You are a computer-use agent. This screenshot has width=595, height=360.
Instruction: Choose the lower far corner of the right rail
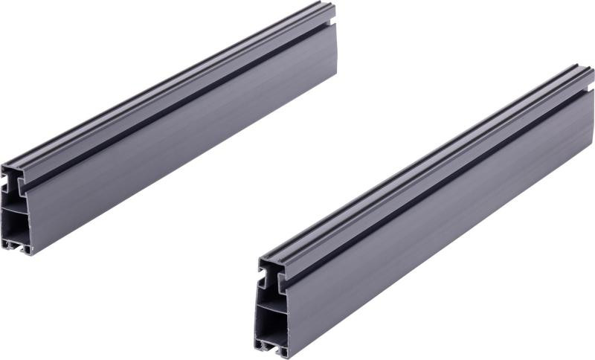[x=593, y=141]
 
